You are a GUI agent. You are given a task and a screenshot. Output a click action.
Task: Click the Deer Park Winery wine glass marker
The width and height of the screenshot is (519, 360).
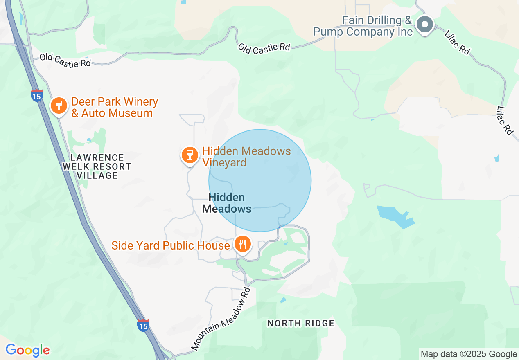[59, 105]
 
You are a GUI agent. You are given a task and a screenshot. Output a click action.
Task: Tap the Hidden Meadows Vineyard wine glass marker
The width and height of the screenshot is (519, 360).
[190, 155]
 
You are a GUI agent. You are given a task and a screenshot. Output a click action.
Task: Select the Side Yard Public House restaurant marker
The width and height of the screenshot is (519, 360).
[243, 244]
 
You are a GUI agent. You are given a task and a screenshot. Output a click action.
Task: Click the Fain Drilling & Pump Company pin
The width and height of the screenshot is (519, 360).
[425, 25]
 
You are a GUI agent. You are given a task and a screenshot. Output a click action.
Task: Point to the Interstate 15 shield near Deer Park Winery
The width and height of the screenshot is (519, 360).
[36, 95]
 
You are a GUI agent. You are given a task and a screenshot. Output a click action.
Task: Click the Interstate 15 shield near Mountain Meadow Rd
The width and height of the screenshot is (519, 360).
[143, 326]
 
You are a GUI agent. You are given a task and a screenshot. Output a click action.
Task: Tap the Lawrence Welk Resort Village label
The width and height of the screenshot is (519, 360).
[97, 166]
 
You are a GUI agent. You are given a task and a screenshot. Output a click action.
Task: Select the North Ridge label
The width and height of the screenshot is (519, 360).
[301, 323]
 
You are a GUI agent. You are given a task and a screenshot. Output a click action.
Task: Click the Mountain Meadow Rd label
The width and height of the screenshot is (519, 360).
[221, 319]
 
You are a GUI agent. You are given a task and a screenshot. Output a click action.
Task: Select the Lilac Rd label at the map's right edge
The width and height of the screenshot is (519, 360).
[505, 121]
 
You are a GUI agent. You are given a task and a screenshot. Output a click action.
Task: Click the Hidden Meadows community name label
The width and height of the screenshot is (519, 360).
[227, 203]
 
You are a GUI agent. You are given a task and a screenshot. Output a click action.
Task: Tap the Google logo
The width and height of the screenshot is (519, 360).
[27, 350]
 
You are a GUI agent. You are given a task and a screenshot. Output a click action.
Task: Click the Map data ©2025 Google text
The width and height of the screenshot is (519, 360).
[469, 354]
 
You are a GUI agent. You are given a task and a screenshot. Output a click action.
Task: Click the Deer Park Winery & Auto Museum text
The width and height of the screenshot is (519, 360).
[114, 107]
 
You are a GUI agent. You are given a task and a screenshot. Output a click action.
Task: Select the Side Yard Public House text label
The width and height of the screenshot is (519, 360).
[171, 245]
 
